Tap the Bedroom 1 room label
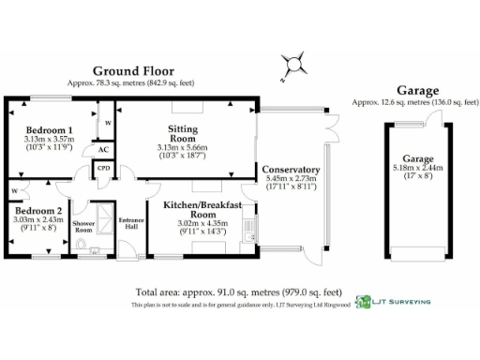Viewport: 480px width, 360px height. pyautogui.click(x=49, y=129)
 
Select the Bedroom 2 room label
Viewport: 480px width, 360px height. pyautogui.click(x=38, y=211)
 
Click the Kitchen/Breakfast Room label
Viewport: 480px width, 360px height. pyautogui.click(x=202, y=209)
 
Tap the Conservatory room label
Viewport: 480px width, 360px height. pyautogui.click(x=292, y=170)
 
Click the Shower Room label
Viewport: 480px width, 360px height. pyautogui.click(x=83, y=227)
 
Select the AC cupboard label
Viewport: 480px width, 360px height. pyautogui.click(x=103, y=150)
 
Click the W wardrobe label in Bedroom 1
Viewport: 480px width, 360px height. pyautogui.click(x=108, y=123)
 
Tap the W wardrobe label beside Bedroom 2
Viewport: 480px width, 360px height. pyautogui.click(x=15, y=190)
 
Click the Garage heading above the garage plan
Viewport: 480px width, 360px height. pyautogui.click(x=417, y=91)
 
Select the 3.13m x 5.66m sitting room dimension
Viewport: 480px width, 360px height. pyautogui.click(x=183, y=147)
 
